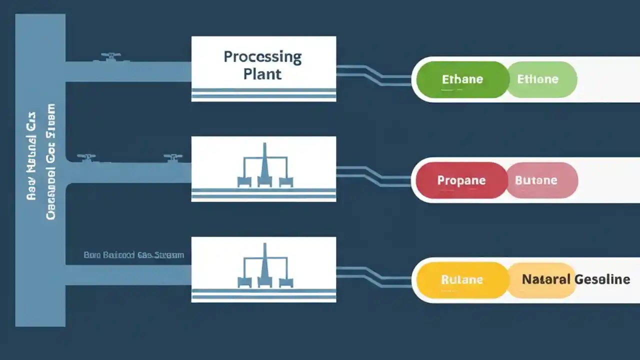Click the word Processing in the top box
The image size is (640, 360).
[x=262, y=57]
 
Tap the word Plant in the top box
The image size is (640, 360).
[x=262, y=74]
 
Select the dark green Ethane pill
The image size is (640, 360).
[x=462, y=79]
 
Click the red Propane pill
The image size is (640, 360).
[x=461, y=180]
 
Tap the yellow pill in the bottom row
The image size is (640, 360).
[x=462, y=280]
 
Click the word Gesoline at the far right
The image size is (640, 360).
[x=602, y=279]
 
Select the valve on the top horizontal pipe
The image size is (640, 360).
[x=111, y=57]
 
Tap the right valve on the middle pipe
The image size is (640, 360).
[x=172, y=158]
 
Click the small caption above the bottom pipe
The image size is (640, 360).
[x=133, y=255]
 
